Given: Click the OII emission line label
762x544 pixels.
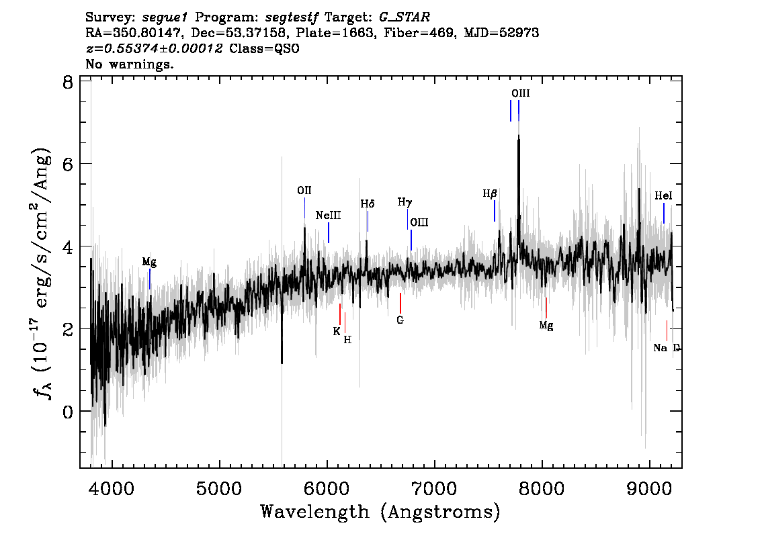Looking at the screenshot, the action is pyautogui.click(x=304, y=191).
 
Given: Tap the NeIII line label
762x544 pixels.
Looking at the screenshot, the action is pyautogui.click(x=328, y=215).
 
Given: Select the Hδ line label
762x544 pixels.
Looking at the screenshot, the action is pyautogui.click(x=368, y=204).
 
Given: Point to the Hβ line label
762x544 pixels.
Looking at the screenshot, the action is pyautogui.click(x=490, y=193).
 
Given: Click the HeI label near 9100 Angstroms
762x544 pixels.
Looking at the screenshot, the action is pyautogui.click(x=663, y=195).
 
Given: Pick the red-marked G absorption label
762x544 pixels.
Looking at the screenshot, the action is pyautogui.click(x=400, y=320).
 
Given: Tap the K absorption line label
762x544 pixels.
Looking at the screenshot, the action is pyautogui.click(x=337, y=332).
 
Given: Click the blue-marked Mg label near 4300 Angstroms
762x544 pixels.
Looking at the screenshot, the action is pyautogui.click(x=149, y=263).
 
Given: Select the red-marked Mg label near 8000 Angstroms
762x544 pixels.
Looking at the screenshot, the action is pyautogui.click(x=546, y=326).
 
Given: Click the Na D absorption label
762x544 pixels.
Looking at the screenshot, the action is pyautogui.click(x=667, y=348).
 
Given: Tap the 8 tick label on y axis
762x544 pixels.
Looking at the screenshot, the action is pyautogui.click(x=68, y=83).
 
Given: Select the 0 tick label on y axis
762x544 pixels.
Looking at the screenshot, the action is pyautogui.click(x=68, y=412).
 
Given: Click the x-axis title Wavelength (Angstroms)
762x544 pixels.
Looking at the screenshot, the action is pyautogui.click(x=380, y=512).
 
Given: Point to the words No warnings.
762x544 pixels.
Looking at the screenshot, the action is pyautogui.click(x=129, y=64).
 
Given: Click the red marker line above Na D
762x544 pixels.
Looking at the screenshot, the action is pyautogui.click(x=667, y=331).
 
